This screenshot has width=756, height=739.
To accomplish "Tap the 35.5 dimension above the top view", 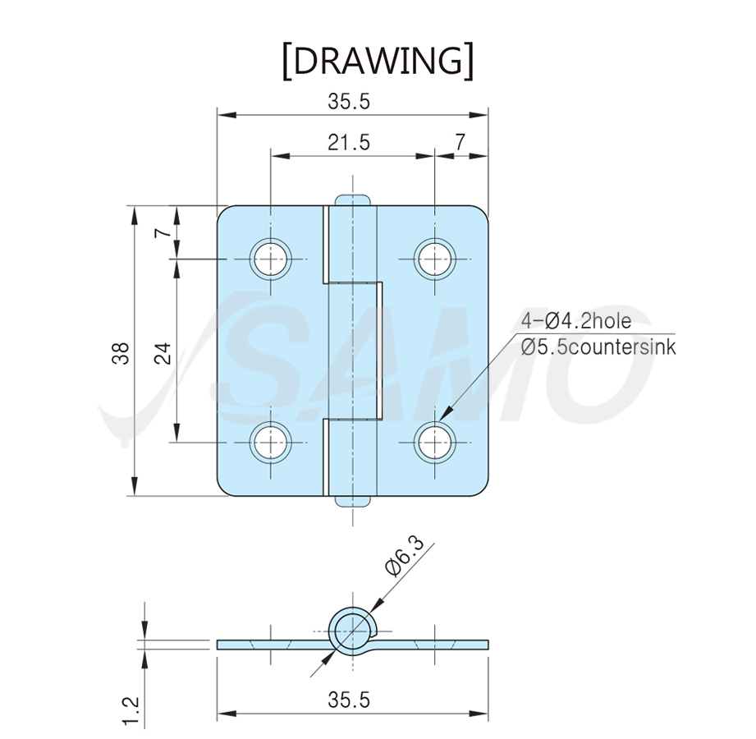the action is click(x=349, y=102).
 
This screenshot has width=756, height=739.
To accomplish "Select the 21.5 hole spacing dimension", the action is click(x=349, y=143).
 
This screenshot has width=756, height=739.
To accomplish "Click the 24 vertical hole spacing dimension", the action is click(x=163, y=352).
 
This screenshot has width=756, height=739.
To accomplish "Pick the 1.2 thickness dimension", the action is click(x=131, y=710).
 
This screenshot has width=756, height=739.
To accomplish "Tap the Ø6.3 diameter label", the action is click(x=405, y=556).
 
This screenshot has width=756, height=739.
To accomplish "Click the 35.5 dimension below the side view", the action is click(x=349, y=700).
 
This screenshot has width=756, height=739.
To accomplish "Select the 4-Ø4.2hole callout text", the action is click(x=576, y=321).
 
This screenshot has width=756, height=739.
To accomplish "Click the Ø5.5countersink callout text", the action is click(x=598, y=347).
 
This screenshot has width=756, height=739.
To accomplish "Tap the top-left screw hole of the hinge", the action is click(x=271, y=259).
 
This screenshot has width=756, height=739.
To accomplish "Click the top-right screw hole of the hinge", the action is click(x=435, y=259).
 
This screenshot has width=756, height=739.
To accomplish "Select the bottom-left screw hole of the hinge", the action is click(x=271, y=443).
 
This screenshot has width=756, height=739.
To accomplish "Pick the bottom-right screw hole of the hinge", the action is click(x=435, y=443).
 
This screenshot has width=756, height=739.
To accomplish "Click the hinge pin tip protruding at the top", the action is click(x=353, y=200).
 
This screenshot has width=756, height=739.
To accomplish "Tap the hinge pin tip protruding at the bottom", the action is click(x=353, y=502).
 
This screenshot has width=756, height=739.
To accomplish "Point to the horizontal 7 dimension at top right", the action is click(x=460, y=142).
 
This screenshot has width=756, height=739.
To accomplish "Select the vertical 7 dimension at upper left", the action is click(x=163, y=232).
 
